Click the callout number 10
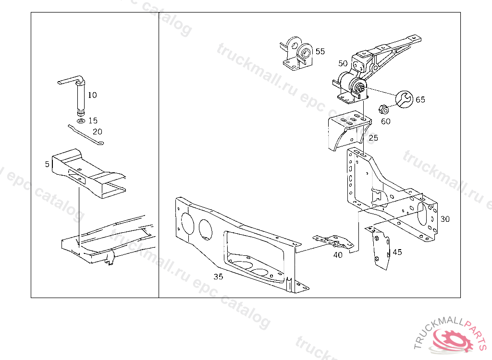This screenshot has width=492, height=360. click(92, 95)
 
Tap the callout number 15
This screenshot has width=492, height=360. click(93, 121)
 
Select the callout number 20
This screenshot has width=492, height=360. click(97, 132)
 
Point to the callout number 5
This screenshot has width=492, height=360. click(47, 164)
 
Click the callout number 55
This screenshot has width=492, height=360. click(320, 51)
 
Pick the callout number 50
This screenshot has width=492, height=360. click(343, 63)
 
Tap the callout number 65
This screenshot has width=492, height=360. click(420, 100)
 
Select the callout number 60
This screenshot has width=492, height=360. click(386, 121)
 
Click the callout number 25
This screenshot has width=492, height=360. click(373, 138)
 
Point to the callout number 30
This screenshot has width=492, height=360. click(445, 219)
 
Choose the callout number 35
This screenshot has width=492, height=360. click(218, 276)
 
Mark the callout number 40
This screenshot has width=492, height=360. click(338, 255)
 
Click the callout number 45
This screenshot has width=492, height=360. click(397, 252)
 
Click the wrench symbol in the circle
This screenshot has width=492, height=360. click(404, 99)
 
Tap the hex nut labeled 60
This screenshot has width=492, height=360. click(383, 109)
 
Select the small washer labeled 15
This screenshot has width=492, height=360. click(81, 121)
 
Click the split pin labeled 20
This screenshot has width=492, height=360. click(86, 135)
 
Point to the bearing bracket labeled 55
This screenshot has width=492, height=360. click(296, 53)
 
